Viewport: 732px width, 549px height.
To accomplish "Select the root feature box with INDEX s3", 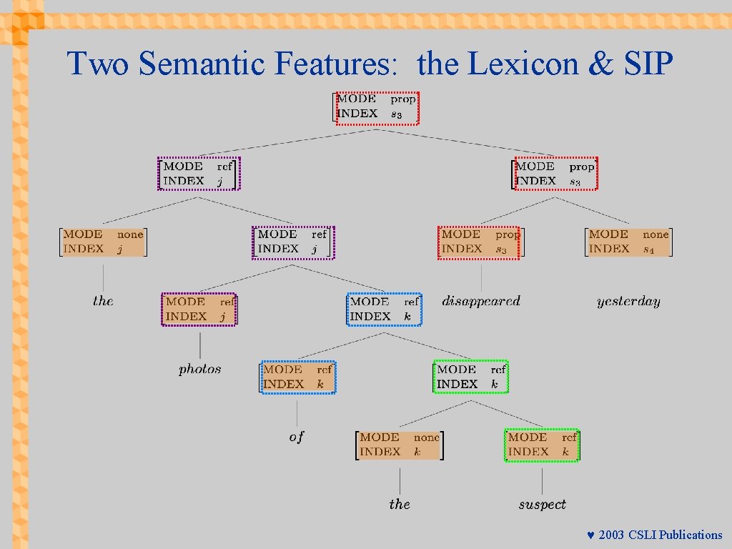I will click(377, 107).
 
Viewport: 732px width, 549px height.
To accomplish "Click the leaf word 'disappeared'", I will click(481, 302).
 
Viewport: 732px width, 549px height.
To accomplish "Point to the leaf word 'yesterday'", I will click(628, 302).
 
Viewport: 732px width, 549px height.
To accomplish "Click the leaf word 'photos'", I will click(200, 370).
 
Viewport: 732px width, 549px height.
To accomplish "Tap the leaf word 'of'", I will click(296, 437).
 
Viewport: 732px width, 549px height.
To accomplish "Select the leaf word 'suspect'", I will click(542, 505).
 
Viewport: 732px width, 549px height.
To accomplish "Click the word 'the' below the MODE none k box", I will click(400, 505).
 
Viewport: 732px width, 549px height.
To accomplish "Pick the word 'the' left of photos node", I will click(103, 301).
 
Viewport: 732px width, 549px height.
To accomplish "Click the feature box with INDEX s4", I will click(628, 242).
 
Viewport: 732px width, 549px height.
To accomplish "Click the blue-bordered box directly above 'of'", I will click(297, 377).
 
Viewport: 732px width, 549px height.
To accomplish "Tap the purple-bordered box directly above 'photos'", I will click(199, 310).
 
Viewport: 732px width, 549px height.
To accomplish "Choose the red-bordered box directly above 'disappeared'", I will click(480, 242).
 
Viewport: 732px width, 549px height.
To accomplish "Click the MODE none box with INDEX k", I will click(400, 445).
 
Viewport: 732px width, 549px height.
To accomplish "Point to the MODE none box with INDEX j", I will click(103, 242).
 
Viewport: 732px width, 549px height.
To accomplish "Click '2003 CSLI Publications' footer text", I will click(661, 535).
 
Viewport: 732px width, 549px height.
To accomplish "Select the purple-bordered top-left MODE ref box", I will click(199, 174).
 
